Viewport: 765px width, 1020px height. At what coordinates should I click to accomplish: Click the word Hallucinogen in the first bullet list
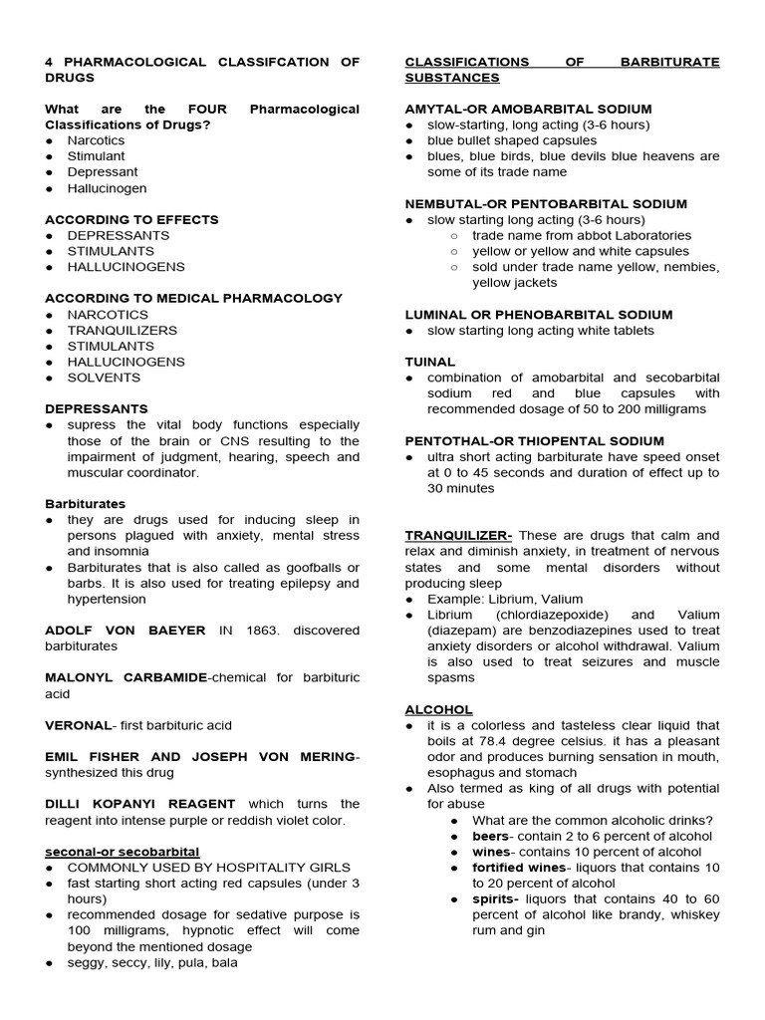pyautogui.click(x=107, y=188)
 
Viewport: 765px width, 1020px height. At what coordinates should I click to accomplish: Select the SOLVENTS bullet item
pyautogui.click(x=104, y=378)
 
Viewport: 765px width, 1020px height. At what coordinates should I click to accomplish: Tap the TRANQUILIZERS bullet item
pyautogui.click(x=122, y=330)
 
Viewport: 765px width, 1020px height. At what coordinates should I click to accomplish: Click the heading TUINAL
pyautogui.click(x=429, y=362)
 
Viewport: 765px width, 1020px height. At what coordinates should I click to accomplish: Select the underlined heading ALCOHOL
pyautogui.click(x=438, y=709)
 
